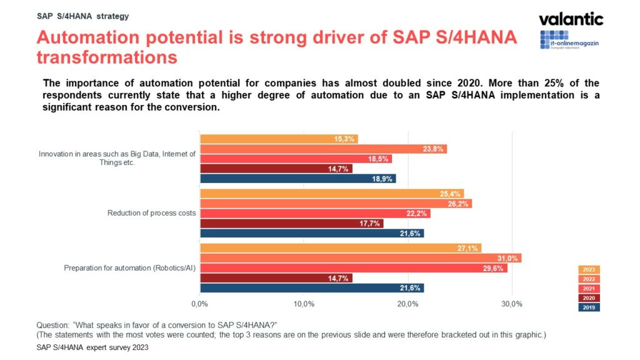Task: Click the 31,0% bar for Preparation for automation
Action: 360,258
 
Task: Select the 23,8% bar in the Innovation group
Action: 323,149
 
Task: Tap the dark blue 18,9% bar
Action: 297,179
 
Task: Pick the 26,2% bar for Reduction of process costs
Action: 336,204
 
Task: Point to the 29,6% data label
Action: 494,268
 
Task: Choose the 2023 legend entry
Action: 589,270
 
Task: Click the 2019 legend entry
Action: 589,307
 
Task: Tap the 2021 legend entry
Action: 589,289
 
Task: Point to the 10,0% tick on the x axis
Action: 304,304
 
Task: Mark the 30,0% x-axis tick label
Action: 512,304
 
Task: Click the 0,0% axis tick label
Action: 199,304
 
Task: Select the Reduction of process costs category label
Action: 152,213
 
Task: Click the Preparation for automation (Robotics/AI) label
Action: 130,268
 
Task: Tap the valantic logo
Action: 571,19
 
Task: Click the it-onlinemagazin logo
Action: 571,39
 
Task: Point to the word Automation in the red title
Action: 84,37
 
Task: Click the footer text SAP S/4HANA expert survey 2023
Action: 92,347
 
